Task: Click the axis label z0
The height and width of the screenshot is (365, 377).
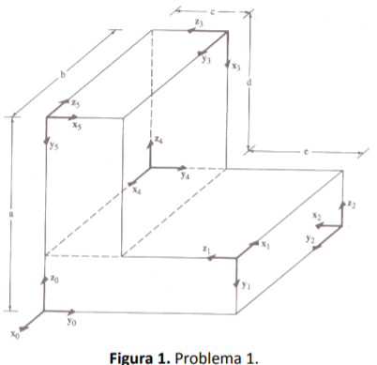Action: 55,279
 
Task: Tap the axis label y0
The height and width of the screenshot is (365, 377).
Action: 70,320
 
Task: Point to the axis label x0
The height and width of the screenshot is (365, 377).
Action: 14,332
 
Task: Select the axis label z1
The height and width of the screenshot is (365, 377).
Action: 206,248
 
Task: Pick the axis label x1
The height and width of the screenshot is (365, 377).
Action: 266,244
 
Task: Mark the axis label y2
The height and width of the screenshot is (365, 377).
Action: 309,238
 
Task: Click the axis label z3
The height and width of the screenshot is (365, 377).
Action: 199,22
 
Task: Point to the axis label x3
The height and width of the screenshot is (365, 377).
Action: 236,68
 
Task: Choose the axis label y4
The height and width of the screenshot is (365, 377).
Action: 186,175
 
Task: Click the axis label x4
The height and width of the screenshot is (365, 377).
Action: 137,190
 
